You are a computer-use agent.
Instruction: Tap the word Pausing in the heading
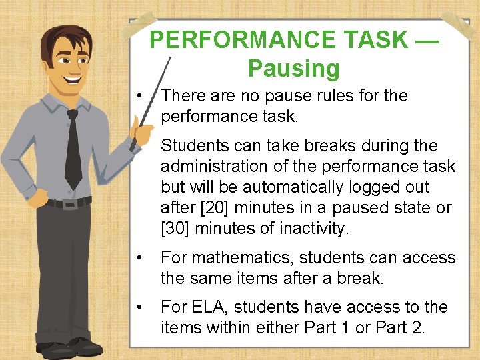pyautogui.click(x=293, y=68)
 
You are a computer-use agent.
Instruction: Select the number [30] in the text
pyautogui.click(x=174, y=229)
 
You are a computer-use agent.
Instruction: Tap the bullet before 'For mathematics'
pyautogui.click(x=139, y=258)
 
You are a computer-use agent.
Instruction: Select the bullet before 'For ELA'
pyautogui.click(x=139, y=307)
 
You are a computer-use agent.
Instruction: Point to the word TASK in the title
pyautogui.click(x=377, y=40)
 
